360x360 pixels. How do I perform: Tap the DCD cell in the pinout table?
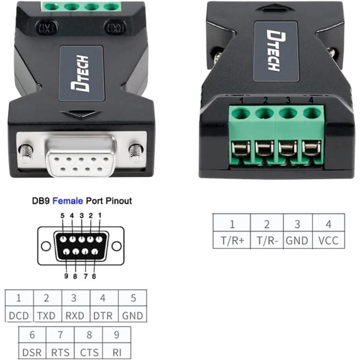[x=19, y=316]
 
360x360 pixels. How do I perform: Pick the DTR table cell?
[x=104, y=316]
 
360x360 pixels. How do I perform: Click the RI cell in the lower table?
[x=116, y=352]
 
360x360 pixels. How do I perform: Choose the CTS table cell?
[x=88, y=352]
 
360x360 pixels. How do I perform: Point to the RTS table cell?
[x=60, y=352]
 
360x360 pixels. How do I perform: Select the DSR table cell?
[x=32, y=352]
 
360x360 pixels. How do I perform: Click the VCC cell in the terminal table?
[x=328, y=240]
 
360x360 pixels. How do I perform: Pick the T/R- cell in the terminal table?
[x=266, y=240]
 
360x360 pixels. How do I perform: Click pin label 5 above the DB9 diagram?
[x=62, y=216]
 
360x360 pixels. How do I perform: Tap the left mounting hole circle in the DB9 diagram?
[x=46, y=246]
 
